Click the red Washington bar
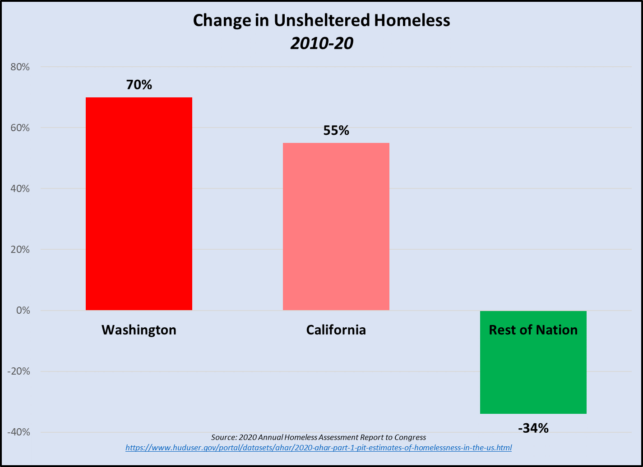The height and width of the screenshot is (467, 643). (139, 203)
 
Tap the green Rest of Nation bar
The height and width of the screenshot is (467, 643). (533, 374)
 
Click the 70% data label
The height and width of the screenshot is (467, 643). (139, 84)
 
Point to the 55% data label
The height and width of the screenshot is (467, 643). (336, 130)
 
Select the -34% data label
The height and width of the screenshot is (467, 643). (533, 428)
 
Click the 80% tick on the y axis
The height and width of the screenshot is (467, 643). (20, 67)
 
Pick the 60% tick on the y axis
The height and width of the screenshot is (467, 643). (20, 128)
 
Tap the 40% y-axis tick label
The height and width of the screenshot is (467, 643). (20, 189)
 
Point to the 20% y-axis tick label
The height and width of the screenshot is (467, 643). (20, 250)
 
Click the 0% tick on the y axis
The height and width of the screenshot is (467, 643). (23, 311)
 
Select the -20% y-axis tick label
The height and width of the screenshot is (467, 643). (19, 371)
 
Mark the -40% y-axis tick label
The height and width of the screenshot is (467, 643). (19, 432)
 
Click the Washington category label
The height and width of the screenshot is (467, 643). (139, 330)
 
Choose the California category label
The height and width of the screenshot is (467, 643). (336, 330)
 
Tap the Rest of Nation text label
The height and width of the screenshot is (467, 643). (533, 330)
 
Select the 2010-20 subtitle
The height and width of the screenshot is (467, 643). (321, 44)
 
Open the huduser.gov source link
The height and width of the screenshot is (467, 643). (319, 448)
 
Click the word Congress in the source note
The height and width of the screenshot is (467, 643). (411, 437)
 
